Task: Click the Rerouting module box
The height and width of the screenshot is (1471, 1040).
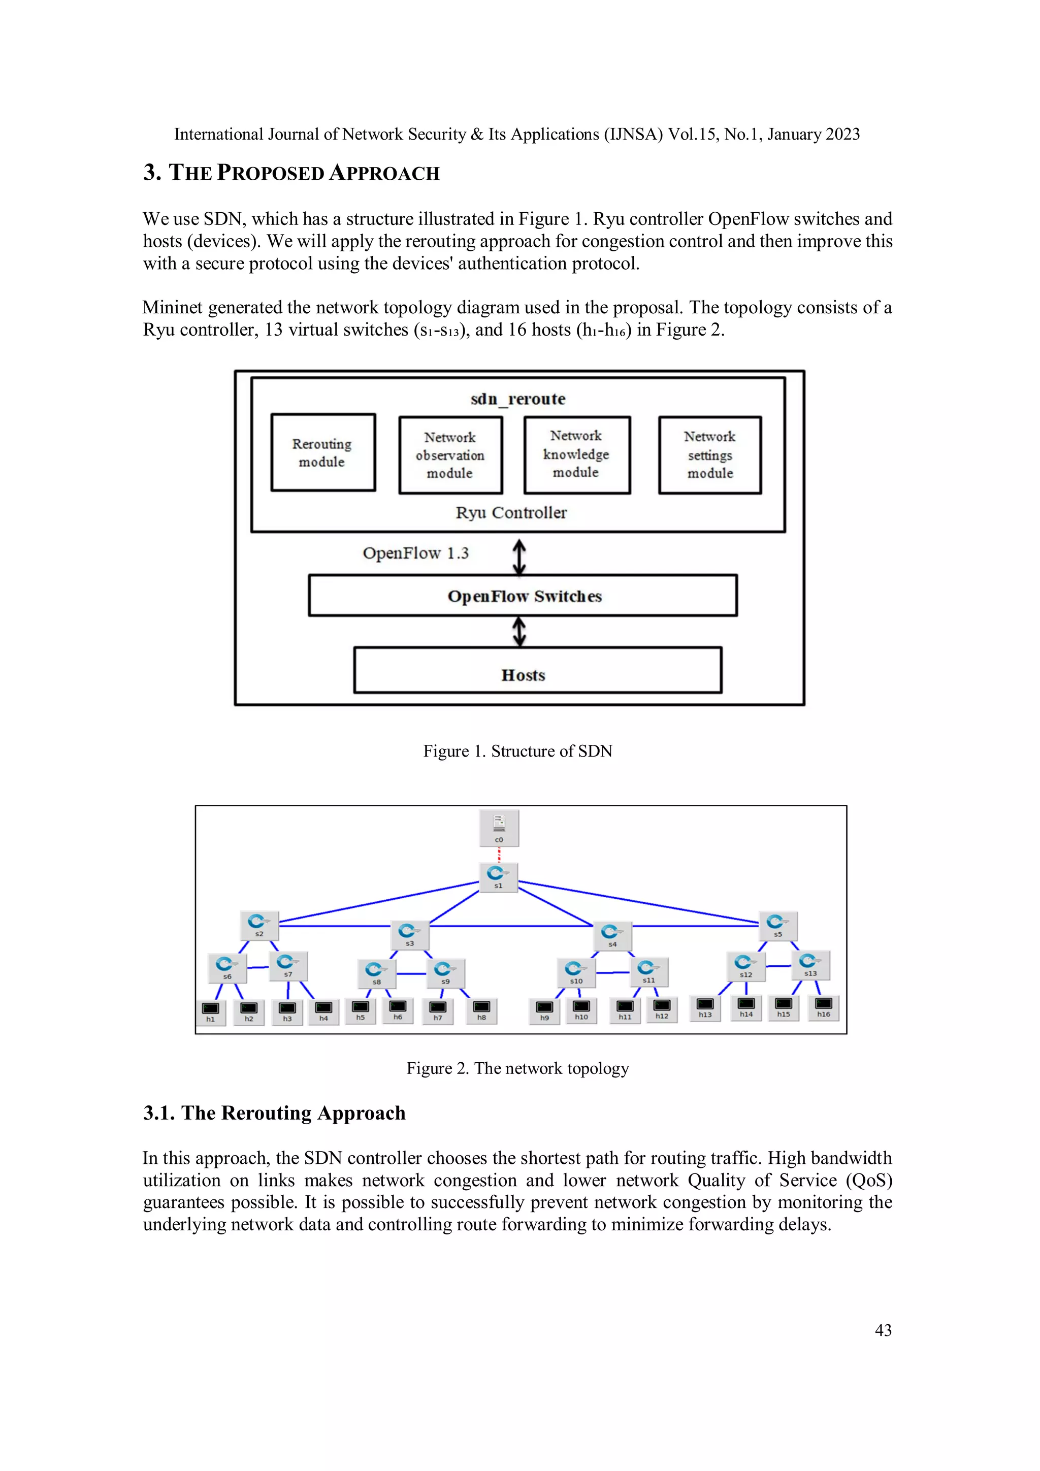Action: tap(323, 452)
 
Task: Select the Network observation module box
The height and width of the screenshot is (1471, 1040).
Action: tap(450, 455)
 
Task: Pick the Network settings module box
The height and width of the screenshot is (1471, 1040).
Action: tap(709, 455)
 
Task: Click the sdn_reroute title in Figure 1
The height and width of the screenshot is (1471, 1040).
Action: tap(518, 399)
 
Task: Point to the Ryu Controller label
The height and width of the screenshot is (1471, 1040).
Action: tap(511, 512)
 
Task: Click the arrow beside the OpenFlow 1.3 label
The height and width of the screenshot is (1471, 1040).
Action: tap(519, 555)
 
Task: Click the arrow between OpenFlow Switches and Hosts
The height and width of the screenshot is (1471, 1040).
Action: tap(519, 632)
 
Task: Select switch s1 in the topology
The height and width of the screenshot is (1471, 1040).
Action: tap(498, 876)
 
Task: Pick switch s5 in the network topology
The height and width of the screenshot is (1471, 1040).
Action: tap(777, 925)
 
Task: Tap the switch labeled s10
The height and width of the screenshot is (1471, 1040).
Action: tap(575, 972)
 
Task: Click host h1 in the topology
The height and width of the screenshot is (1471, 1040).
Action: tap(210, 1011)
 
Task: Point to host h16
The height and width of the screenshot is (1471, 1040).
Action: tap(823, 1006)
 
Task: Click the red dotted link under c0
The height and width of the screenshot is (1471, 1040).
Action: tap(499, 855)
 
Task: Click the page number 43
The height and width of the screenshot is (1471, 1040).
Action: tap(883, 1330)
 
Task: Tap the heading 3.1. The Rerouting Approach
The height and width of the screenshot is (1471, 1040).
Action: tap(274, 1113)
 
